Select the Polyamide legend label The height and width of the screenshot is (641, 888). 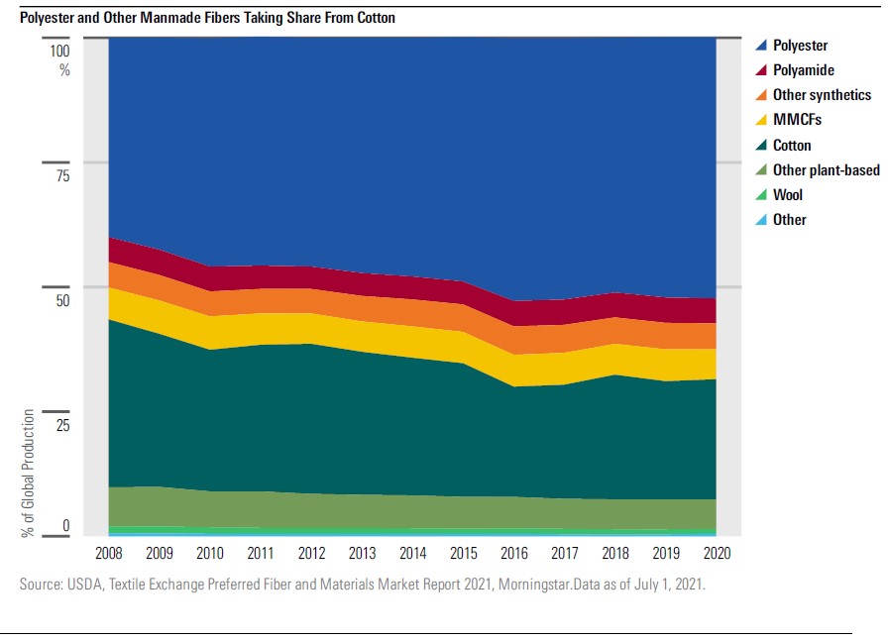(803, 70)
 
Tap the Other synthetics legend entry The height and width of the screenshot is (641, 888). (822, 95)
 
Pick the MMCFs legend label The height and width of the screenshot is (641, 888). (797, 120)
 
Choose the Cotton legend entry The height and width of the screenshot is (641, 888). (792, 145)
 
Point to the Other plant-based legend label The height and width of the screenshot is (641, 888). (826, 170)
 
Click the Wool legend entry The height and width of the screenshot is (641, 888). (788, 195)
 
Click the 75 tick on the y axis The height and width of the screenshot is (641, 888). (63, 176)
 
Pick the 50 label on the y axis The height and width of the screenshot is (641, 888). (63, 300)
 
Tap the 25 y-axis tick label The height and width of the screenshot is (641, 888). (63, 425)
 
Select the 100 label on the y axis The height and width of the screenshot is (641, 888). (60, 51)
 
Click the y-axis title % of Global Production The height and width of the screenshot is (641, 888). (29, 473)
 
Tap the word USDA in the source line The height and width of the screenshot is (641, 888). (87, 586)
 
